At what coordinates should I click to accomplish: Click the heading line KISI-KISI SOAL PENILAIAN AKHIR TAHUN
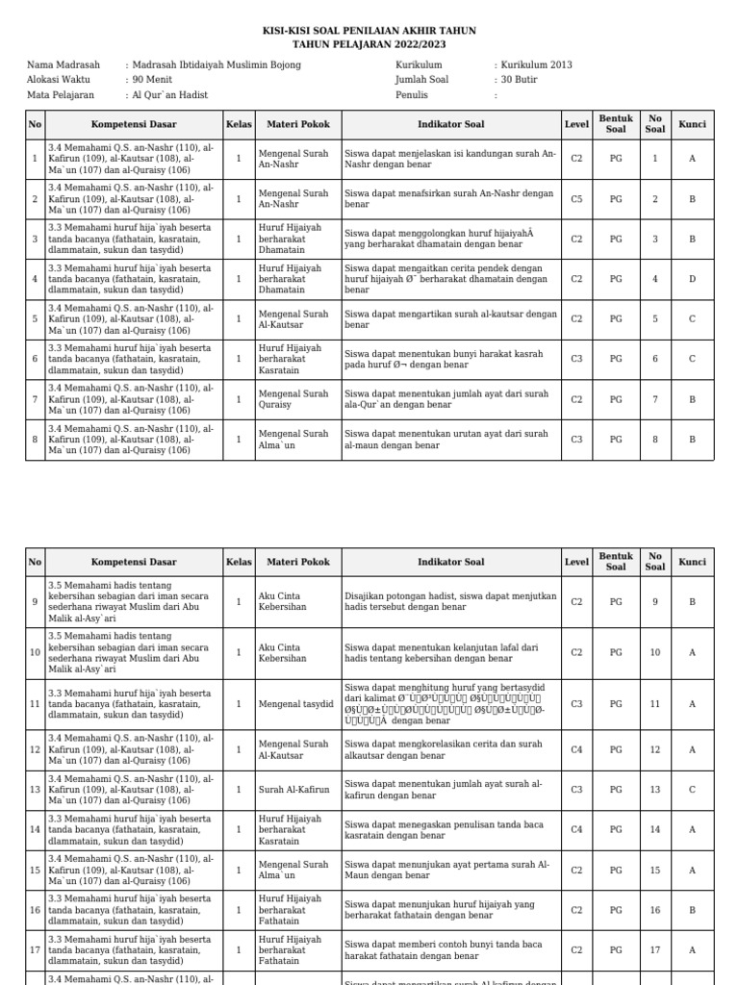click(x=369, y=31)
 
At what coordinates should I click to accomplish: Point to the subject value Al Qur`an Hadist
click(x=170, y=95)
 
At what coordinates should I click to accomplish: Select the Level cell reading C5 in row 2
click(x=576, y=199)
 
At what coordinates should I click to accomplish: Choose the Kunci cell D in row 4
click(x=692, y=279)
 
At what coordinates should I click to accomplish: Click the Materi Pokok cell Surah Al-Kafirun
click(x=293, y=790)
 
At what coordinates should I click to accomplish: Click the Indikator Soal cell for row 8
click(x=450, y=440)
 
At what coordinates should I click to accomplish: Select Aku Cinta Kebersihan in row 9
click(x=282, y=602)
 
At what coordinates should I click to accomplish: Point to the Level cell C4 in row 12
click(x=576, y=750)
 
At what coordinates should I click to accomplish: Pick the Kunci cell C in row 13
click(x=692, y=790)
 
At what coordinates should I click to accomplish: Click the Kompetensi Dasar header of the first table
click(x=134, y=124)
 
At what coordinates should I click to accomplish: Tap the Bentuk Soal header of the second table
click(x=616, y=562)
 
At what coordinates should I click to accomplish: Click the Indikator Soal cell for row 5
click(x=450, y=319)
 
